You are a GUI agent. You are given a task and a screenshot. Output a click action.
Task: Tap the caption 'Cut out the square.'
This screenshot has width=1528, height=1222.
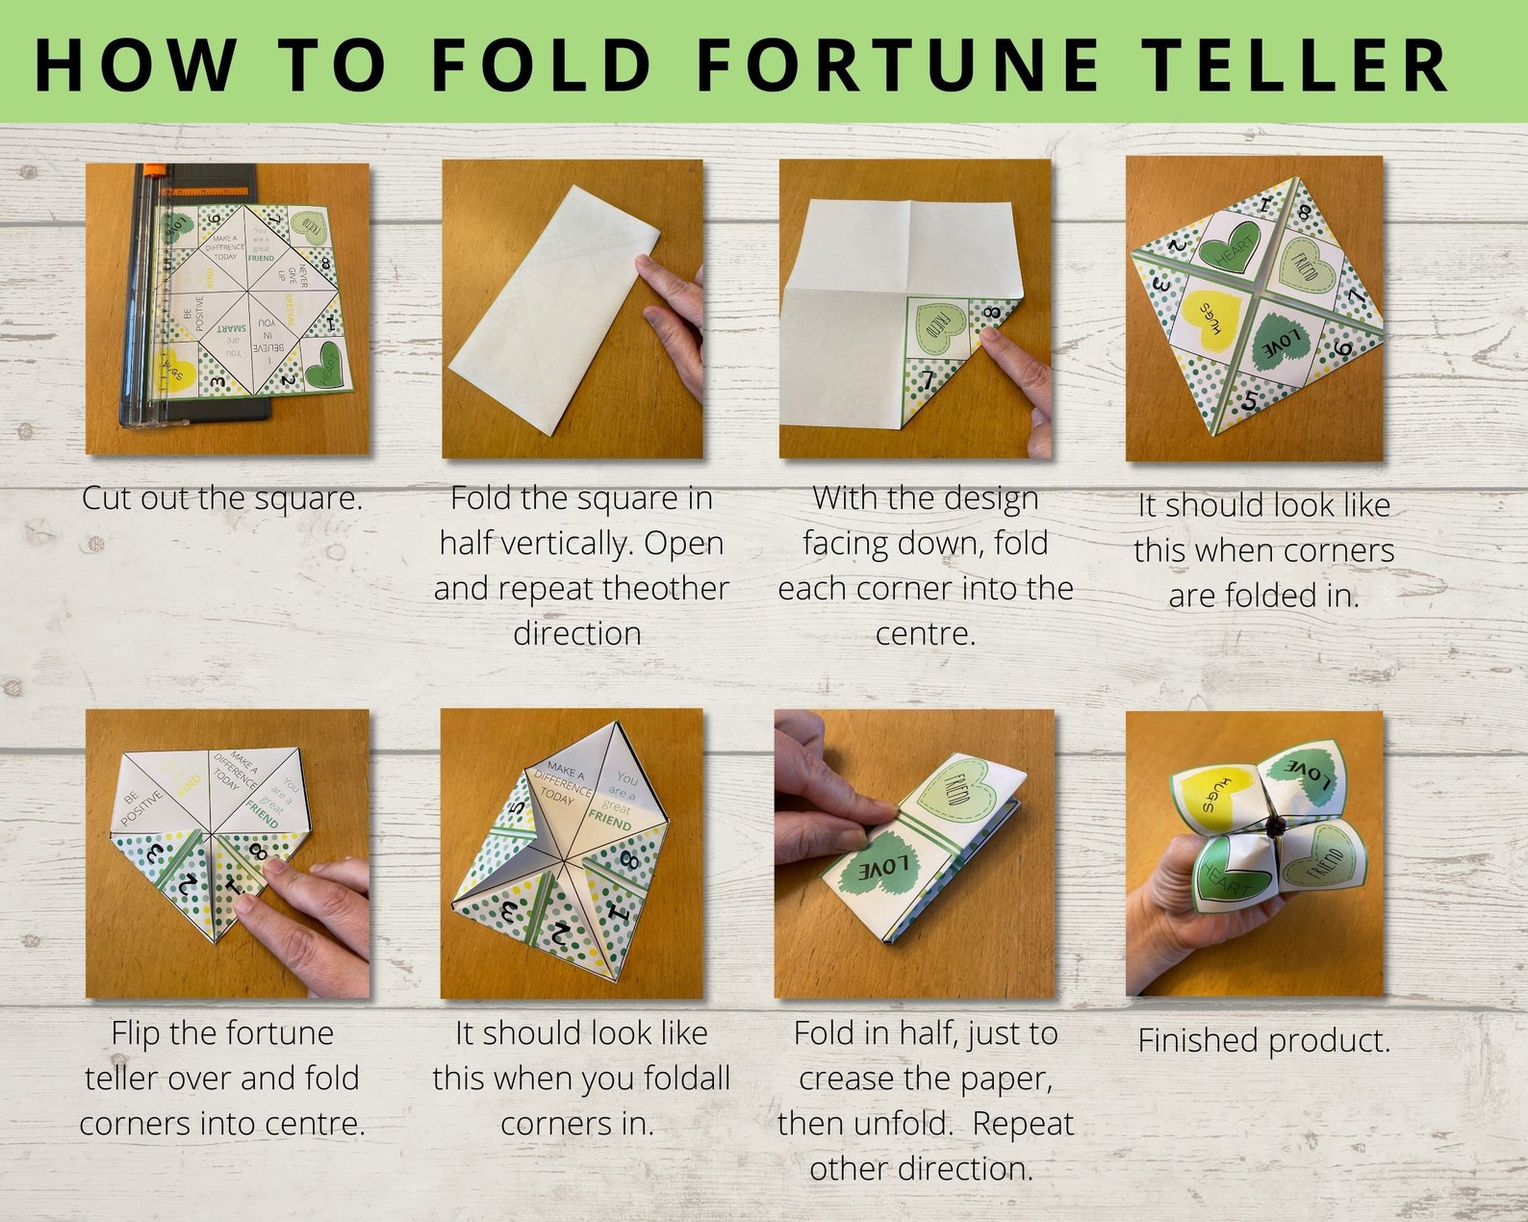click(x=222, y=498)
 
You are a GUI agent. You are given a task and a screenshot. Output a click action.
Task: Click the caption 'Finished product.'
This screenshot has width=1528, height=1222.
click(x=1263, y=1040)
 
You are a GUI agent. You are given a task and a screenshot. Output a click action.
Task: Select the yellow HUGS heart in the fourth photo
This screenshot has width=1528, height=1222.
click(x=1207, y=322)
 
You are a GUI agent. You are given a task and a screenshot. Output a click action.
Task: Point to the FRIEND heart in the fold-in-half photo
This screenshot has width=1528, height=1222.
click(x=961, y=792)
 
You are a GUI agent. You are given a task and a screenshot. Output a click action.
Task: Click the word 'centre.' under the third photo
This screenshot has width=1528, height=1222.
click(x=925, y=634)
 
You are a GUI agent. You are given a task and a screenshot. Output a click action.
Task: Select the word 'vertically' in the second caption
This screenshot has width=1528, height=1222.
click(x=570, y=544)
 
